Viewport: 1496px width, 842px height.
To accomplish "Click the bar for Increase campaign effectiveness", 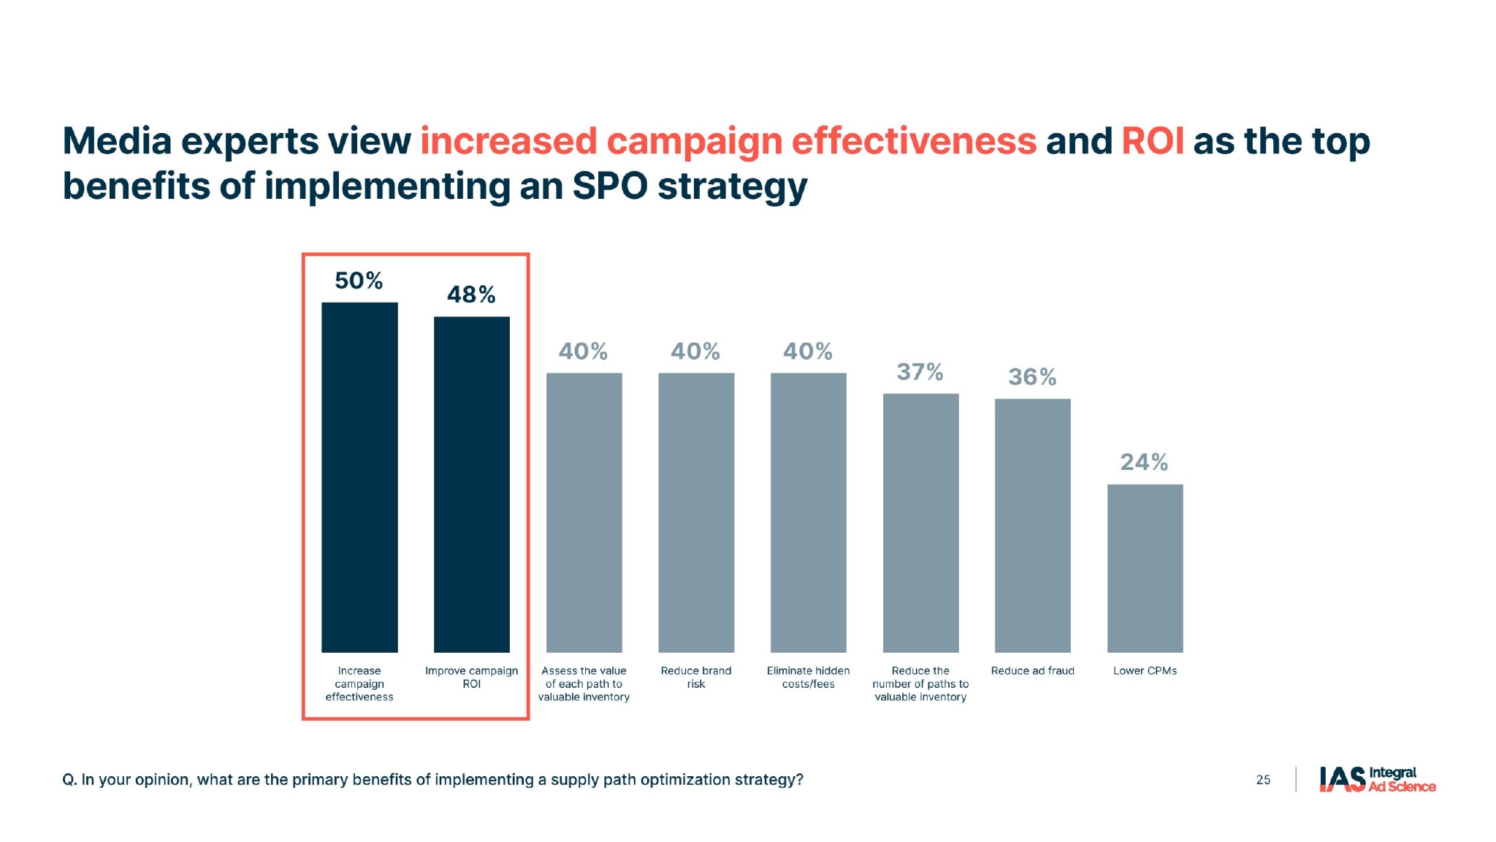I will pos(359,477).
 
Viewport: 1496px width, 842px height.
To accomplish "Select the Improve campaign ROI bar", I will pos(471,484).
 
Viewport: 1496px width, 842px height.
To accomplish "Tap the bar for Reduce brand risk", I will pos(696,512).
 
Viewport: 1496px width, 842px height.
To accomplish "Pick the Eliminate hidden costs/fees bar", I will pos(808,512).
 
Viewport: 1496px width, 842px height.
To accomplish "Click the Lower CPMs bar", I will pos(1145,568).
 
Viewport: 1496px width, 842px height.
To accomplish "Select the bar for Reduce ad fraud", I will pos(1032,525).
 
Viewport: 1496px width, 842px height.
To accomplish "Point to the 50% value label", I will pos(359,281).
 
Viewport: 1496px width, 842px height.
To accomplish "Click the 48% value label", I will pos(471,295).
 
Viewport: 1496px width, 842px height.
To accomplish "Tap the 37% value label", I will pos(920,372).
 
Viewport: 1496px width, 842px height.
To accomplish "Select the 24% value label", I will pos(1144,462).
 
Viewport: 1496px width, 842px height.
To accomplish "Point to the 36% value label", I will pos(1032,377).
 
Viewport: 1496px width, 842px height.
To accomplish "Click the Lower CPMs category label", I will pos(1145,671).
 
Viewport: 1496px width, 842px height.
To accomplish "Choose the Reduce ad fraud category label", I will pos(1032,671).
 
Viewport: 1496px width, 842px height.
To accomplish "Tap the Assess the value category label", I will pos(584,683).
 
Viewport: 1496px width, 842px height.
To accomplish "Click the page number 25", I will pos(1263,780).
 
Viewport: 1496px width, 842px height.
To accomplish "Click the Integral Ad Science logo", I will pos(1377,779).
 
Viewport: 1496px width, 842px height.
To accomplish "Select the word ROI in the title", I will pos(1152,142).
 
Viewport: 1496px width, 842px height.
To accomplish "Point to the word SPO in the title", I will pos(609,186).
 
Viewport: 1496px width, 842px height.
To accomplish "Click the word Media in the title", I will pos(117,142).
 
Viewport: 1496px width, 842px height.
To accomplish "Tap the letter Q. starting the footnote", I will pos(69,780).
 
